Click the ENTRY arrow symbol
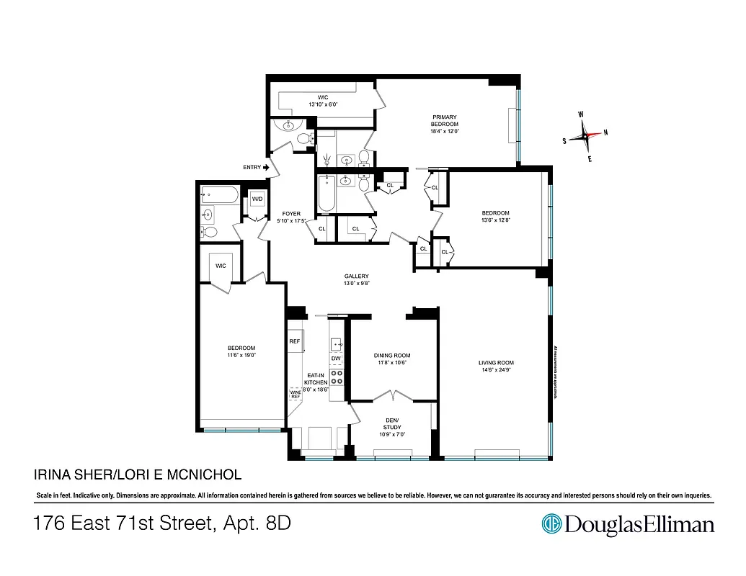[x=266, y=167]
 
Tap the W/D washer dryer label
[x=257, y=199]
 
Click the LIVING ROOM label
[x=496, y=363]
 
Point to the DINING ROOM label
[x=392, y=355]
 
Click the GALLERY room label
[x=356, y=276]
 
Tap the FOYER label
[x=291, y=214]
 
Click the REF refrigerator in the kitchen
[x=294, y=341]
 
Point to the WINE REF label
[x=295, y=394]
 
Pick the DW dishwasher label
[x=335, y=358]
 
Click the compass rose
[x=585, y=135]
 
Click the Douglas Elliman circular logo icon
[x=551, y=523]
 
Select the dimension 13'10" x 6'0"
[x=323, y=104]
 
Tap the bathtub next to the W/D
[x=216, y=193]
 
